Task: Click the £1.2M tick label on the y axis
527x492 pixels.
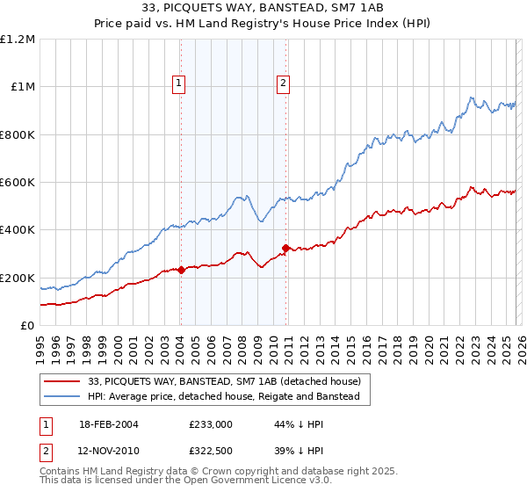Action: point(18,40)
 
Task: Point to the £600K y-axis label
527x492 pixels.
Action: point(18,183)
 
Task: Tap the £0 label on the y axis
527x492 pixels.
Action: point(28,326)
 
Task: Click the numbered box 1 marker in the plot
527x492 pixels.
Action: point(178,84)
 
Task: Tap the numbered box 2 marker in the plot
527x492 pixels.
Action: point(284,84)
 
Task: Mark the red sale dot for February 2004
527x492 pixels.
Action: point(181,270)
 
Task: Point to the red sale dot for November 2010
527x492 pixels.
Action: point(286,249)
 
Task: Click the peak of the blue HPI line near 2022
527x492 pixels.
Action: point(472,98)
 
